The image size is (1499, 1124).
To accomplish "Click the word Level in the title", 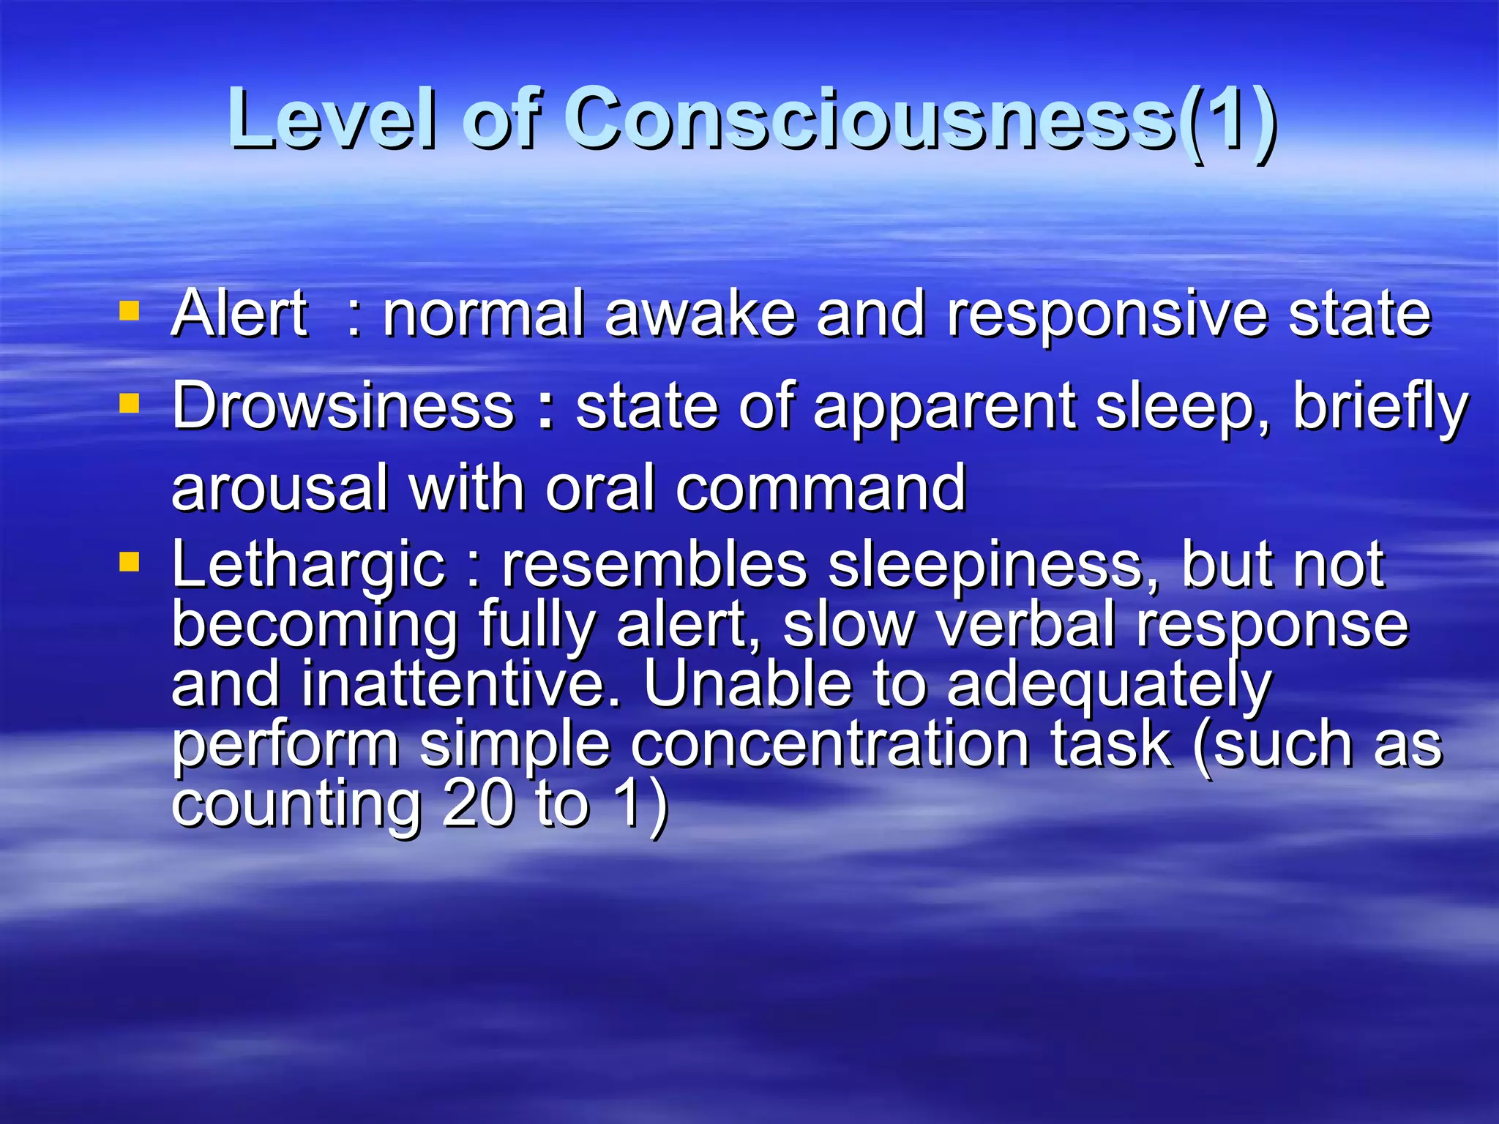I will [333, 119].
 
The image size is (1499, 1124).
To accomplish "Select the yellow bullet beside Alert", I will [129, 312].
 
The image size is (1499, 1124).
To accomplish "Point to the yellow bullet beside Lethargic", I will [129, 562].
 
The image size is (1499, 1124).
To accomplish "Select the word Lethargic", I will [308, 565].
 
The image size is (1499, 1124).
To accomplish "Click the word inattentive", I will [460, 683].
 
